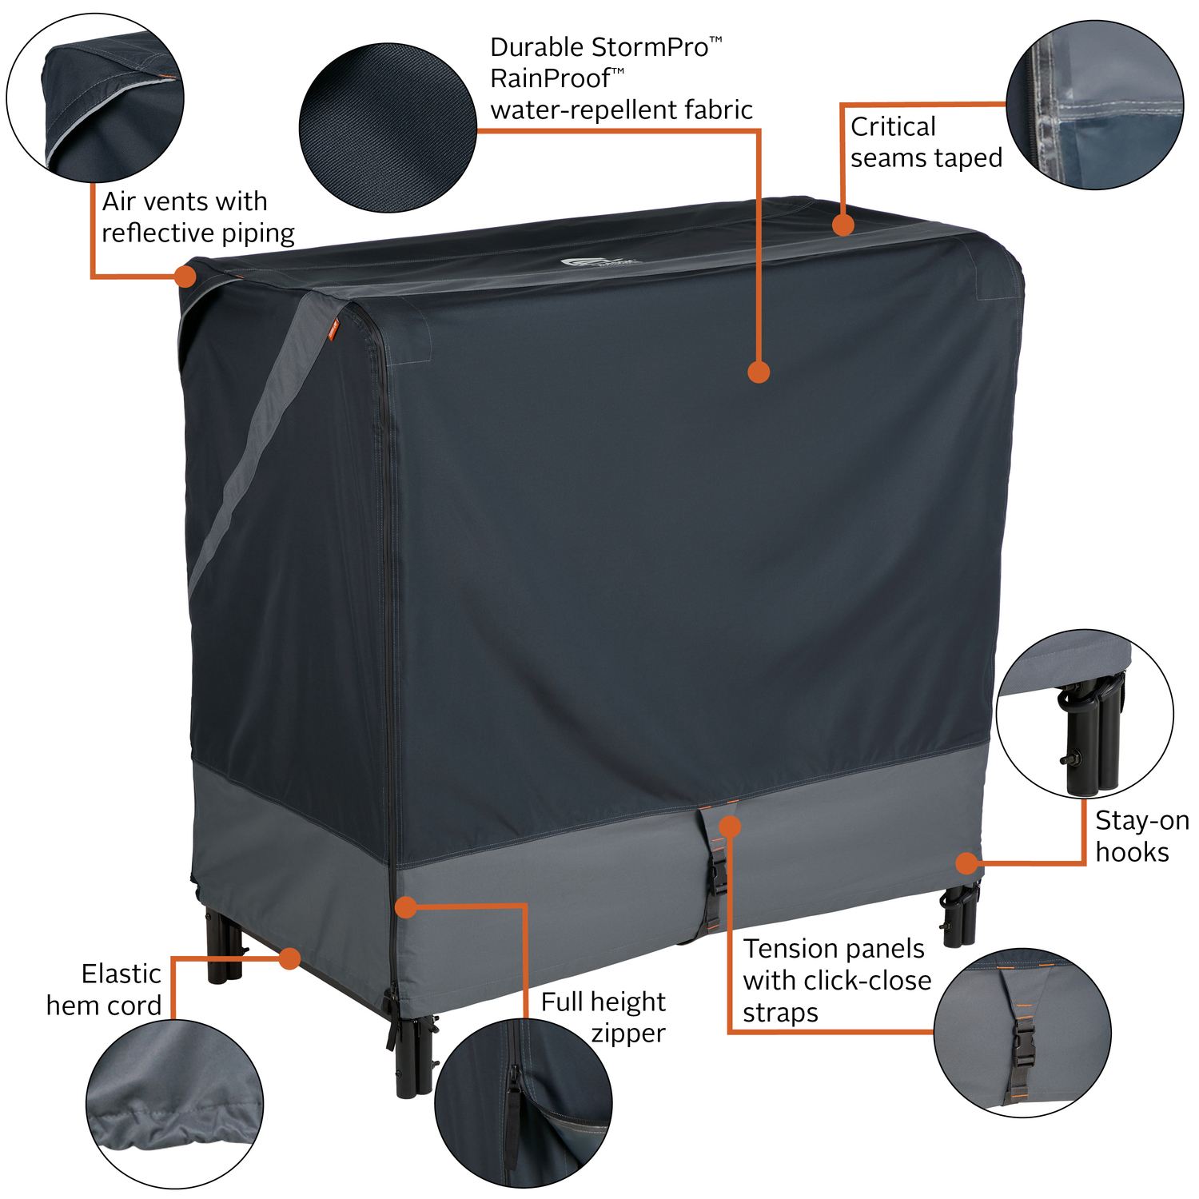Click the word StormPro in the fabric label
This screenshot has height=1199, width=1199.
(651, 48)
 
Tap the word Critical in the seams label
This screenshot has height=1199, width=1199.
(893, 126)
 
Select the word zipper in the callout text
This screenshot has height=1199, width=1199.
(628, 1034)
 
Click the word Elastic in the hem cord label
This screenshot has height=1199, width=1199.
(121, 974)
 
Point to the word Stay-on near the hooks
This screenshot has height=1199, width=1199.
(1142, 821)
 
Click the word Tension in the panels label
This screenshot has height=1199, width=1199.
(789, 949)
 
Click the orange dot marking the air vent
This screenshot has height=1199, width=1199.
(185, 277)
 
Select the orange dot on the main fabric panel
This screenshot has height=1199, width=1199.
(759, 372)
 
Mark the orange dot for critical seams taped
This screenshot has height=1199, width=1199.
(843, 225)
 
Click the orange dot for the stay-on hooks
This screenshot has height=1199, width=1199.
(966, 863)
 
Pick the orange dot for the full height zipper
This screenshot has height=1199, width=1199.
(406, 907)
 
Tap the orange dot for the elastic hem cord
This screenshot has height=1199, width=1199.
(289, 958)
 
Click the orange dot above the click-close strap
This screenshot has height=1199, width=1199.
(730, 826)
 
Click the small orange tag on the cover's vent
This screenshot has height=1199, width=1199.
(333, 329)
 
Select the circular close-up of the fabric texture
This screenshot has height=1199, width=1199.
(388, 128)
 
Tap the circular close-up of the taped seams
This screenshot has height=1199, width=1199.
(1094, 105)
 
